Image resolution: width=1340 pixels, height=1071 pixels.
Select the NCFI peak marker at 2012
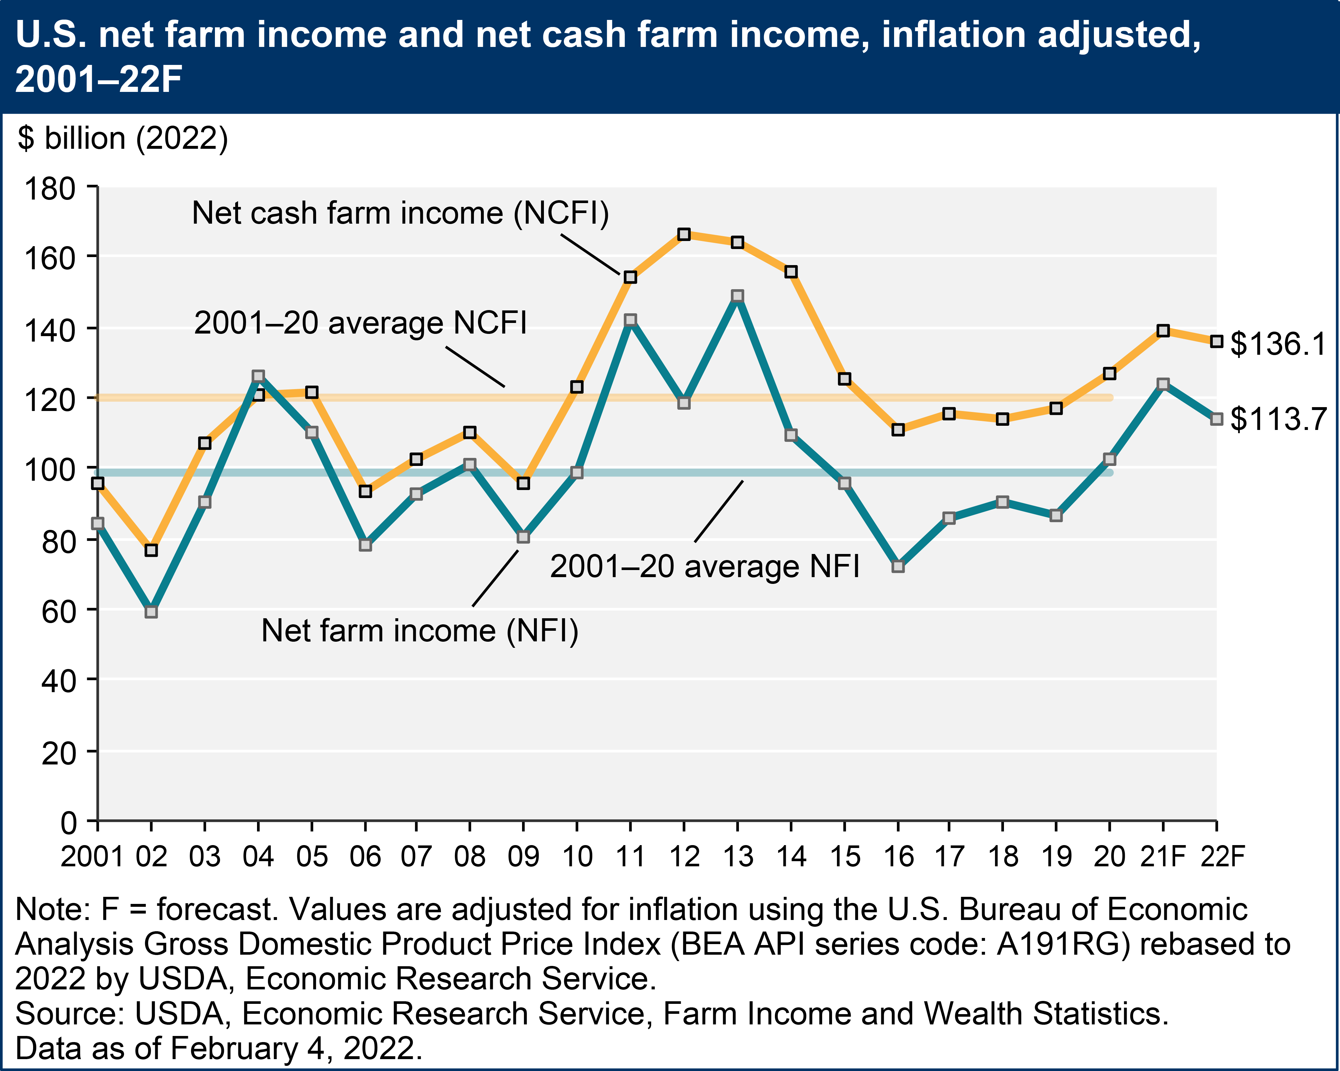pyautogui.click(x=684, y=234)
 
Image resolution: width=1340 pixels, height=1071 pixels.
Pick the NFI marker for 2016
pyautogui.click(x=898, y=566)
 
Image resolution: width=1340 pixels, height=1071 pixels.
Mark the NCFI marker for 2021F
pyautogui.click(x=1163, y=331)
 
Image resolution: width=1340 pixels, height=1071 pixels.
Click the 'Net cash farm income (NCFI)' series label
pyautogui.click(x=400, y=213)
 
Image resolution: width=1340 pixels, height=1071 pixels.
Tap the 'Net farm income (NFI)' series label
pyautogui.click(x=420, y=631)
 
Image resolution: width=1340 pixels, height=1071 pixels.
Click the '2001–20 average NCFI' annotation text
pyautogui.click(x=360, y=323)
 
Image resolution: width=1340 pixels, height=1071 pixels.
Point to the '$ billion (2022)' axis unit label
pyautogui.click(x=122, y=138)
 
